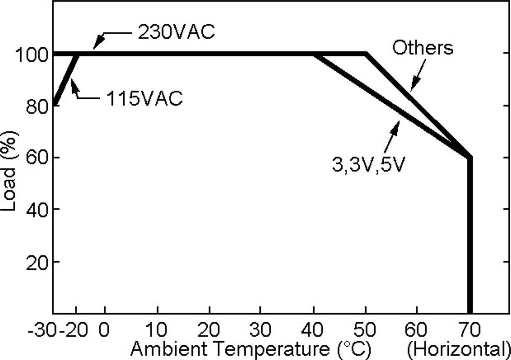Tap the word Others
click(x=423, y=48)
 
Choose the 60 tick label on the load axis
click(x=37, y=158)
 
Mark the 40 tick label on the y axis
click(x=37, y=210)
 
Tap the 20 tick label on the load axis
click(x=37, y=262)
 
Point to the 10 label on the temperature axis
click(x=157, y=330)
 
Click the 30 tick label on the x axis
click(x=261, y=330)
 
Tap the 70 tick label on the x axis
click(x=469, y=330)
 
